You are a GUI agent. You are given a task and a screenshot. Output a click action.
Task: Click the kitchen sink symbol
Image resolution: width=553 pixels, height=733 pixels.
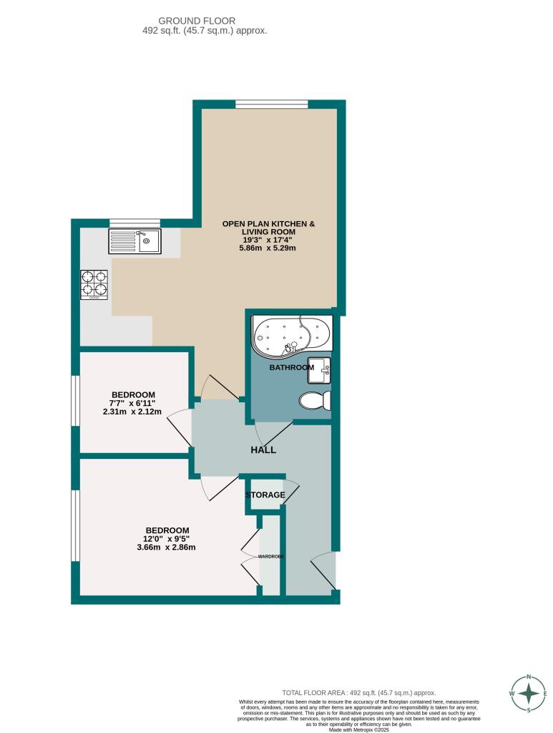click(x=135, y=241)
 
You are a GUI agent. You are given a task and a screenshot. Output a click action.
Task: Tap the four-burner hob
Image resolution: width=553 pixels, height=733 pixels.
click(x=94, y=284)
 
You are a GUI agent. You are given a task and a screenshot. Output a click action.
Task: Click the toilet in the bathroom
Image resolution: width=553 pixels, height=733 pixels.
click(x=315, y=400)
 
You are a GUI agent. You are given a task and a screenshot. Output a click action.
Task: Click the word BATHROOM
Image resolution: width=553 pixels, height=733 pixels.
click(x=291, y=368)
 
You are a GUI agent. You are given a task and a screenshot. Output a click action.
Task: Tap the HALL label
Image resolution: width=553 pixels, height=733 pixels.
click(x=263, y=450)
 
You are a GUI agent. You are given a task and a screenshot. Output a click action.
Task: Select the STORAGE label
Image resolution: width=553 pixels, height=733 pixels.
click(x=265, y=495)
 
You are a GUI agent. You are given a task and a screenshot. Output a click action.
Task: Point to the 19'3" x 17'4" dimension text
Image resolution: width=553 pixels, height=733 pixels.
click(x=268, y=241)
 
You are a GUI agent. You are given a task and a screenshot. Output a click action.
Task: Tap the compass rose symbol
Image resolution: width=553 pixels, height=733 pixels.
click(x=529, y=694)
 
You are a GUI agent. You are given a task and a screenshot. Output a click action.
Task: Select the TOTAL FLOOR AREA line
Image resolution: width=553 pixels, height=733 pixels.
click(x=359, y=693)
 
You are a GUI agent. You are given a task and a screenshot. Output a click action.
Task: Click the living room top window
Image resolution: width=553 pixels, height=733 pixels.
click(x=272, y=105)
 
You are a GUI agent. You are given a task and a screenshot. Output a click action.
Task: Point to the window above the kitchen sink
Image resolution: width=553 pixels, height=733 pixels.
click(x=134, y=223)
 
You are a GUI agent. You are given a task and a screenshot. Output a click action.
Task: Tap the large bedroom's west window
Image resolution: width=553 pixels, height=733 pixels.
click(x=74, y=526)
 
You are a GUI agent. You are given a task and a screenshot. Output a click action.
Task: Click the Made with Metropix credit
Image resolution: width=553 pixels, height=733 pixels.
click(x=359, y=730)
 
